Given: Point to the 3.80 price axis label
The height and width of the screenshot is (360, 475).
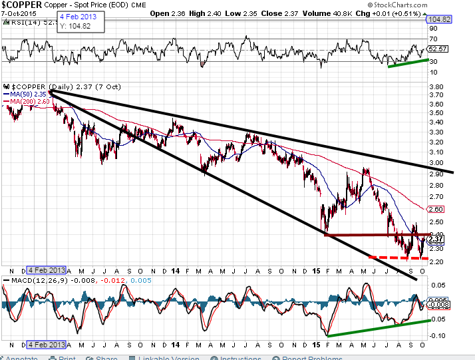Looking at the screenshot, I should [436, 87].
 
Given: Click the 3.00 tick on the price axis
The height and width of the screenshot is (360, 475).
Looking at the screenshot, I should [436, 162].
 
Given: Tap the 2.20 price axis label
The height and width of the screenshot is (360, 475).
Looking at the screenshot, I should [436, 262].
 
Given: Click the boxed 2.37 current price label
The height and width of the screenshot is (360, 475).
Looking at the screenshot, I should [436, 239].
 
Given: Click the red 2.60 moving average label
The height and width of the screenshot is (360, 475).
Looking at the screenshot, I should [436, 209].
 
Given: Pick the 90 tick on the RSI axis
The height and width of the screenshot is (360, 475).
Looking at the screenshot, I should [433, 29].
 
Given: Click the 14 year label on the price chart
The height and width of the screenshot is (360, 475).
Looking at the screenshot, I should [175, 271].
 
